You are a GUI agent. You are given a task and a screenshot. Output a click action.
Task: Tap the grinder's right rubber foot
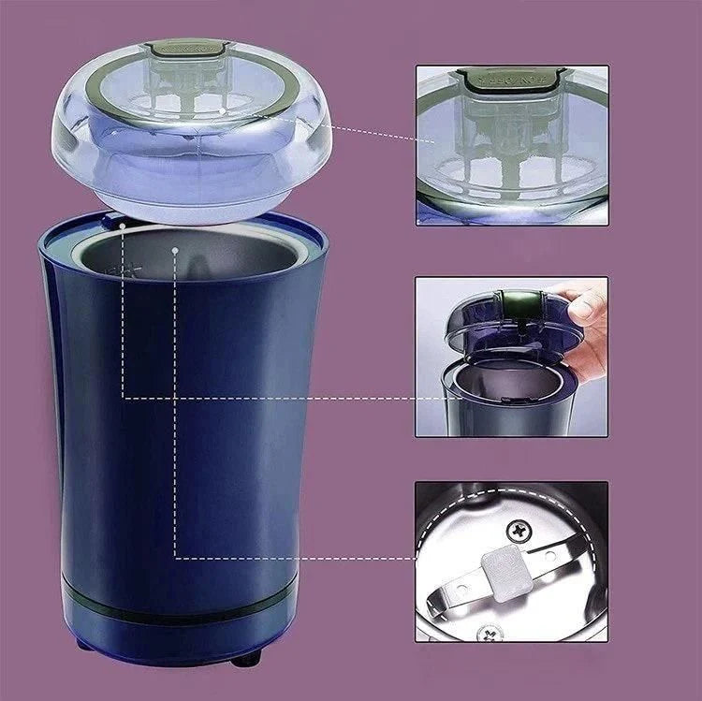point(246,660)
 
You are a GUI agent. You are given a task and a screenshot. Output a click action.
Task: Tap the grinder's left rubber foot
point(82,645)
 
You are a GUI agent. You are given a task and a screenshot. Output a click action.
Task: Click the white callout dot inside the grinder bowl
point(175,251)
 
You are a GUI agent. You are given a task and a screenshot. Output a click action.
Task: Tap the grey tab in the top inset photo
point(511,80)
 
